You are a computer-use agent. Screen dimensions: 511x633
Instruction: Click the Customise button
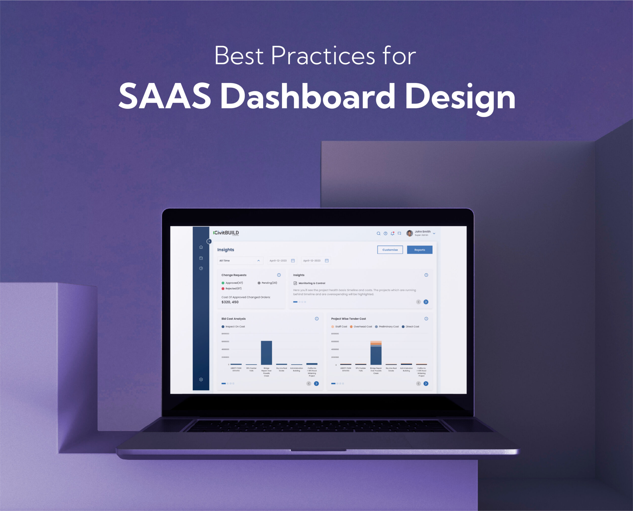(x=390, y=250)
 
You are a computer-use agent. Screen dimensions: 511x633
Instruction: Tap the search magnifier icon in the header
(x=378, y=233)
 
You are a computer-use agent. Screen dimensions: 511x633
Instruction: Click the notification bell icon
(x=392, y=233)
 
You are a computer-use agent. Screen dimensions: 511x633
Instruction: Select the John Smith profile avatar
(x=409, y=233)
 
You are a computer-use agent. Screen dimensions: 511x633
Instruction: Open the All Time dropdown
(x=240, y=261)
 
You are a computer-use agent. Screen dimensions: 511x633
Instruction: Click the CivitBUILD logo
(x=226, y=233)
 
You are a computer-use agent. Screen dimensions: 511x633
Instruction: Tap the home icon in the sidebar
(x=201, y=247)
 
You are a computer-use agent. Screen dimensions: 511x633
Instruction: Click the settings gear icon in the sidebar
(x=201, y=379)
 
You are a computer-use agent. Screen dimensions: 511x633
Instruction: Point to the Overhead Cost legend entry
(x=361, y=326)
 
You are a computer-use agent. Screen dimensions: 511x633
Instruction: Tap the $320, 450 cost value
(x=230, y=302)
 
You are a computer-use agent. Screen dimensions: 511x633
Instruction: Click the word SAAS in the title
(x=165, y=96)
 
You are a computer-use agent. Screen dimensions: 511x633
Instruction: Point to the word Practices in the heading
(x=323, y=56)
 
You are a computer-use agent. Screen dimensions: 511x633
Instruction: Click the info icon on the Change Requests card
(x=279, y=275)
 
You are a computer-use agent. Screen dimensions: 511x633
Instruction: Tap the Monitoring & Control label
(x=312, y=283)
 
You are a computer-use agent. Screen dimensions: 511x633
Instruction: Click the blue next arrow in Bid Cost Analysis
(x=316, y=383)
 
